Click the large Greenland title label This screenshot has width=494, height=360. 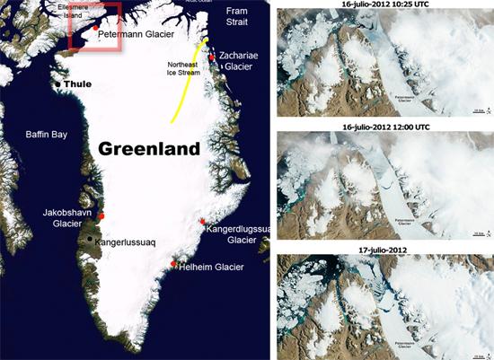(x=148, y=147)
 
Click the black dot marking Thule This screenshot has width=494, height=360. (x=58, y=84)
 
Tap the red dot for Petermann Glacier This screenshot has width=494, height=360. (x=95, y=28)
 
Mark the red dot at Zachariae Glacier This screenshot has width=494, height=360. (x=212, y=57)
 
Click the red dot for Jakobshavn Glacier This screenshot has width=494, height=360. (x=101, y=216)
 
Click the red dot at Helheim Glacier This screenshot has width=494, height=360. (x=173, y=263)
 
